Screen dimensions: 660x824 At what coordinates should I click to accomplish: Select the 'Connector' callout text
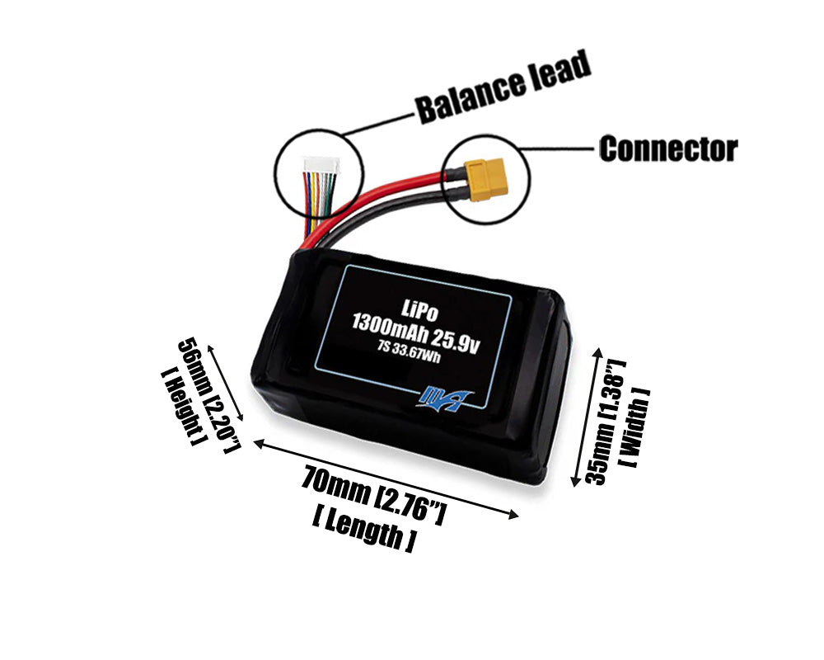tap(667, 149)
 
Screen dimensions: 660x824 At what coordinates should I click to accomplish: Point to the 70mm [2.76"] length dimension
tap(374, 493)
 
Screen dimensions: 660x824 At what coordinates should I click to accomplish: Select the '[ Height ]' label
tap(181, 407)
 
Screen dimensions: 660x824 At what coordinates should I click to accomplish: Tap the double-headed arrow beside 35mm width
tap(587, 417)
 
